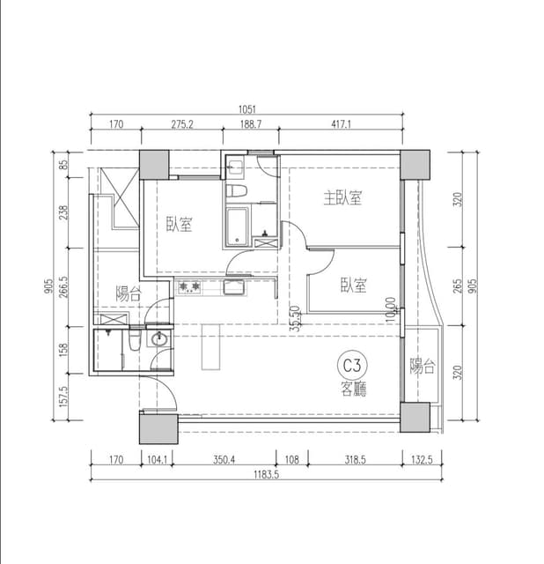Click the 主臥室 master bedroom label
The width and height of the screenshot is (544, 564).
tap(342, 197)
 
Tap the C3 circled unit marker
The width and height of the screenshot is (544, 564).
tap(352, 366)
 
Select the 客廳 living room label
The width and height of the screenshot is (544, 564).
tap(354, 389)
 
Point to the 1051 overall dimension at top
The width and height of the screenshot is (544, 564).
tap(246, 109)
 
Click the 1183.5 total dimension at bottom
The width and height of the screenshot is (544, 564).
tap(266, 474)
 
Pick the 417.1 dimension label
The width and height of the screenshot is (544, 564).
tap(341, 124)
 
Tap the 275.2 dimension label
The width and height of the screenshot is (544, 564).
tap(182, 124)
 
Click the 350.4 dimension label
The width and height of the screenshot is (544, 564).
tap(224, 460)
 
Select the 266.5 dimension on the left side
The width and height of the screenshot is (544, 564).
tap(63, 287)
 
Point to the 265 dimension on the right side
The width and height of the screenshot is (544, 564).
tap(457, 286)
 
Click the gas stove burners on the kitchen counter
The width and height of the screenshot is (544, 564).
tap(189, 287)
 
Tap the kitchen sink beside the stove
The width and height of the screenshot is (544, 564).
tap(235, 287)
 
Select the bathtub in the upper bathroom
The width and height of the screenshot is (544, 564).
tap(237, 226)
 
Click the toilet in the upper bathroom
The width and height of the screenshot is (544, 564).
tap(236, 190)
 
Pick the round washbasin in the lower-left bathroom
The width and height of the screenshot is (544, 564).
tap(158, 338)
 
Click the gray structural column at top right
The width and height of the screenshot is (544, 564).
tap(415, 165)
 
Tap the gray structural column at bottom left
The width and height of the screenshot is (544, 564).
tap(158, 429)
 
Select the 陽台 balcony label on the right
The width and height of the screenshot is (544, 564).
tap(423, 366)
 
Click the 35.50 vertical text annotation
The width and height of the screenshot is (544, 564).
tap(296, 318)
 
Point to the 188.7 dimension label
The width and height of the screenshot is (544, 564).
tap(251, 124)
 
